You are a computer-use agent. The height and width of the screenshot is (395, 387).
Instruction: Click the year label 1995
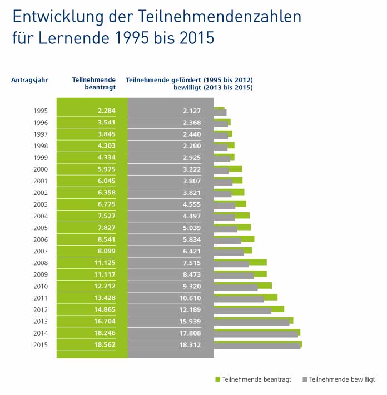click(x=41, y=111)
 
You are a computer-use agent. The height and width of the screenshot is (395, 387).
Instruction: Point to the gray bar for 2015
click(x=257, y=347)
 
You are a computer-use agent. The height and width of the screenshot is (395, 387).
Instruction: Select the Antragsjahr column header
click(x=29, y=79)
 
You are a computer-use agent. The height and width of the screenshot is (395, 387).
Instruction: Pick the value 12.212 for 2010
click(x=104, y=286)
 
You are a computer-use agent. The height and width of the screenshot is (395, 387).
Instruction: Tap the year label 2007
click(x=41, y=251)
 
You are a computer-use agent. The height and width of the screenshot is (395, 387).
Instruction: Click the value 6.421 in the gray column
click(x=190, y=251)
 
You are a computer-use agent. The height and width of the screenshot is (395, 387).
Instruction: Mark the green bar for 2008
click(x=240, y=261)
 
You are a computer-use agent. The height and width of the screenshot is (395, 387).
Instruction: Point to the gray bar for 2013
click(x=251, y=323)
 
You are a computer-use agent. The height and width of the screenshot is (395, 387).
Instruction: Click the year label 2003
click(x=41, y=204)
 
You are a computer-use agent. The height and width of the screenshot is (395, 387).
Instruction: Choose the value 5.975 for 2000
click(x=106, y=169)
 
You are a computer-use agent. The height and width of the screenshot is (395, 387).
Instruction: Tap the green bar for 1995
click(x=219, y=109)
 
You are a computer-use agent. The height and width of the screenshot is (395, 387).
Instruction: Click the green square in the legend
click(x=218, y=379)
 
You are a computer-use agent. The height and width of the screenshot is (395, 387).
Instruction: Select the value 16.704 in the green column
click(x=104, y=322)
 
